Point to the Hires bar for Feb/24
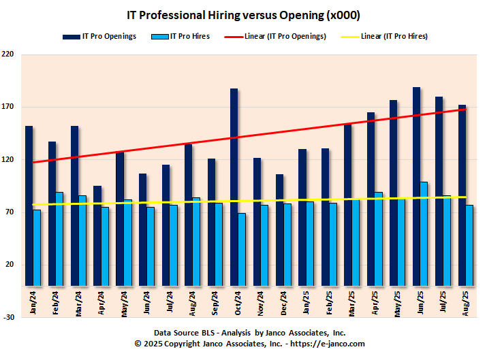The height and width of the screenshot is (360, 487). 59,238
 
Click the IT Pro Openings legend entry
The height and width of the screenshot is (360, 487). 101,36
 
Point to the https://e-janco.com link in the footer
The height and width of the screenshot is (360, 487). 328,344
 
